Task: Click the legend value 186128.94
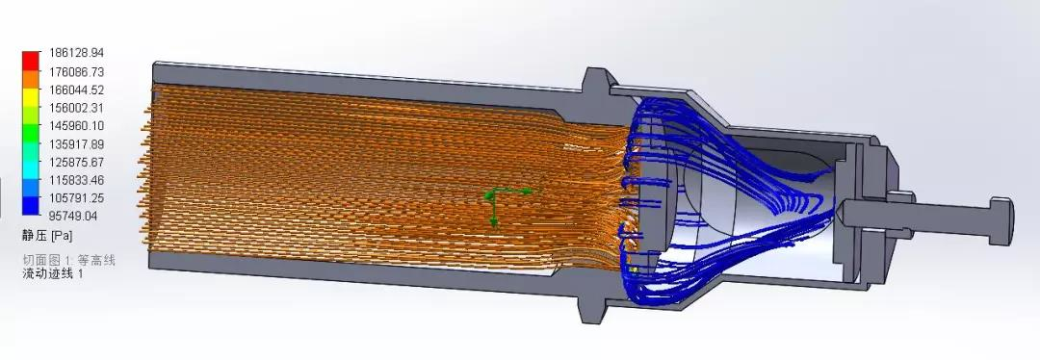pos(76,52)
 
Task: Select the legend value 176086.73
pos(76,71)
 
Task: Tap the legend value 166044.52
pos(76,89)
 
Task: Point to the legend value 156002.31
pos(76,108)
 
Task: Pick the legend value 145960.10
pos(76,125)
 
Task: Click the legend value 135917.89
pos(76,143)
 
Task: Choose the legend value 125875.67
pos(76,162)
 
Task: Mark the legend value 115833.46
pos(76,180)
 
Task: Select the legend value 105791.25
pos(76,197)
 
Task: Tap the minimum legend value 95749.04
pos(73,216)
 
